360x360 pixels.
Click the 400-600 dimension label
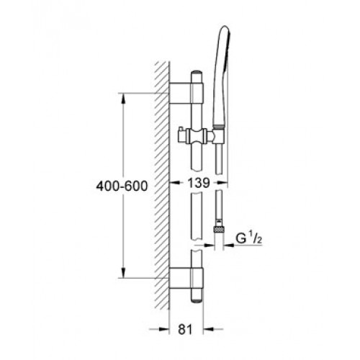122,186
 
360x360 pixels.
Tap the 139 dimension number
199,183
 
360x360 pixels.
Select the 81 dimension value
185,329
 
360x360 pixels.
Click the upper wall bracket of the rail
186,93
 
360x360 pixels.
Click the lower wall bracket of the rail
186,278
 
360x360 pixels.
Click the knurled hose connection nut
219,229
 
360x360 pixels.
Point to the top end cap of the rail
197,72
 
